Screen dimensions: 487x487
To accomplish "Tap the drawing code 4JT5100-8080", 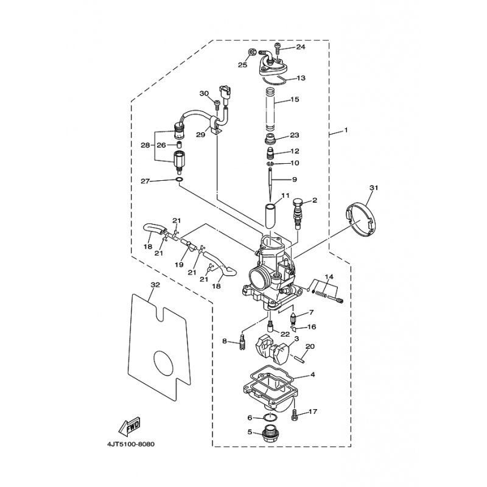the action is (130, 444).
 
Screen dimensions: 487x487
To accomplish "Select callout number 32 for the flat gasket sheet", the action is (155, 284).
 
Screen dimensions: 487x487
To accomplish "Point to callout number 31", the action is (374, 188).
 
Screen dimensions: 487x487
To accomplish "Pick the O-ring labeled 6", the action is (271, 417).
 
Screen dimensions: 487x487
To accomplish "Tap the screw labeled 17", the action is (295, 415).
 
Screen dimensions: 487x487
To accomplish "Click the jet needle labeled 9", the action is (270, 184).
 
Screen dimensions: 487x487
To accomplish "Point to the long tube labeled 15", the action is (270, 110).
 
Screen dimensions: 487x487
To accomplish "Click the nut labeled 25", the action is (252, 52).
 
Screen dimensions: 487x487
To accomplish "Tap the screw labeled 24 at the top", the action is (278, 49).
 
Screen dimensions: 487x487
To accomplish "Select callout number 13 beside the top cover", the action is (301, 78).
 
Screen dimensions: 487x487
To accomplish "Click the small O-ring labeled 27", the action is (179, 180).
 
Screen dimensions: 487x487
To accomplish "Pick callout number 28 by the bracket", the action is (145, 145).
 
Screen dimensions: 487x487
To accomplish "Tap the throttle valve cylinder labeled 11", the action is (270, 216).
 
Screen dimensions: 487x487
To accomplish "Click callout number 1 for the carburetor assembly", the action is (346, 130).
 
